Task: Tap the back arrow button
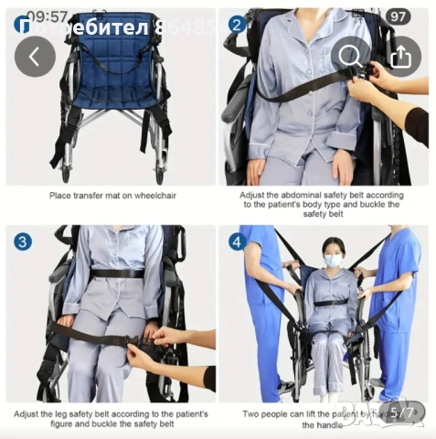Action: point(35,57)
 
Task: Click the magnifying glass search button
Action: point(350,57)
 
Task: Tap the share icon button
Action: point(399,57)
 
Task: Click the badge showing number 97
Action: point(399,17)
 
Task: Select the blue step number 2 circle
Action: point(237,25)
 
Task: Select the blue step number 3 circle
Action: point(22,243)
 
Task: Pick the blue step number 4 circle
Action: point(237,243)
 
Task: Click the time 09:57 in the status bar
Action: point(47,16)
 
